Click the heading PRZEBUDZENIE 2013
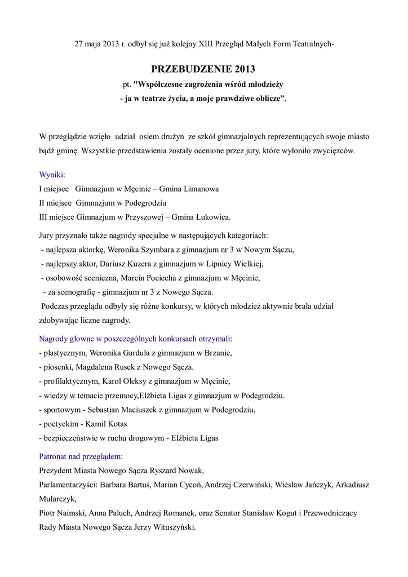coord(203,69)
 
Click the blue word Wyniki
coord(51,175)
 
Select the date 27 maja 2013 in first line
coord(96,44)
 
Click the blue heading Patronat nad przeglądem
coord(81,456)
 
